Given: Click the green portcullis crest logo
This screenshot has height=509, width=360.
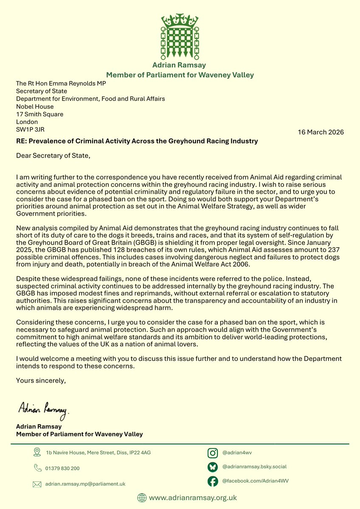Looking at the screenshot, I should coord(180,37).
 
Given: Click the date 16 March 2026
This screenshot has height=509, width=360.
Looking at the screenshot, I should coord(321,132).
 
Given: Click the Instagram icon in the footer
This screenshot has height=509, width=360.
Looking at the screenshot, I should coord(213,453).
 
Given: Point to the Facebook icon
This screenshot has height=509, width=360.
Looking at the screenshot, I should coord(213,481).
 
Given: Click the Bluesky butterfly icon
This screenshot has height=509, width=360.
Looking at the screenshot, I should coord(213,467).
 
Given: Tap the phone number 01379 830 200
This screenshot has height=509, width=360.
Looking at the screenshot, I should coord(62,468).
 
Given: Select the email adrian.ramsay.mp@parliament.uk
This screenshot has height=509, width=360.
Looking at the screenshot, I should coord(85,484).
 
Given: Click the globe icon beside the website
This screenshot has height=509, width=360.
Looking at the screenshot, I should coord(142,498).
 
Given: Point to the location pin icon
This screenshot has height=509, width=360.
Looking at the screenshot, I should coord(37,452).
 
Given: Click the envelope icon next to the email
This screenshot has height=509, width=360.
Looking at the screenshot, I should coord(37,484).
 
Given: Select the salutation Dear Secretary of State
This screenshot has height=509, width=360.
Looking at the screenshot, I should coord(53,155).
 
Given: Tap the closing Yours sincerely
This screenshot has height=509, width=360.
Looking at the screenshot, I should coord(41,380).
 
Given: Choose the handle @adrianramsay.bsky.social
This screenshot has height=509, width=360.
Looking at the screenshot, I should coord(254,467).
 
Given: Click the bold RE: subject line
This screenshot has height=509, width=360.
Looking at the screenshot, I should coord(137,141).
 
